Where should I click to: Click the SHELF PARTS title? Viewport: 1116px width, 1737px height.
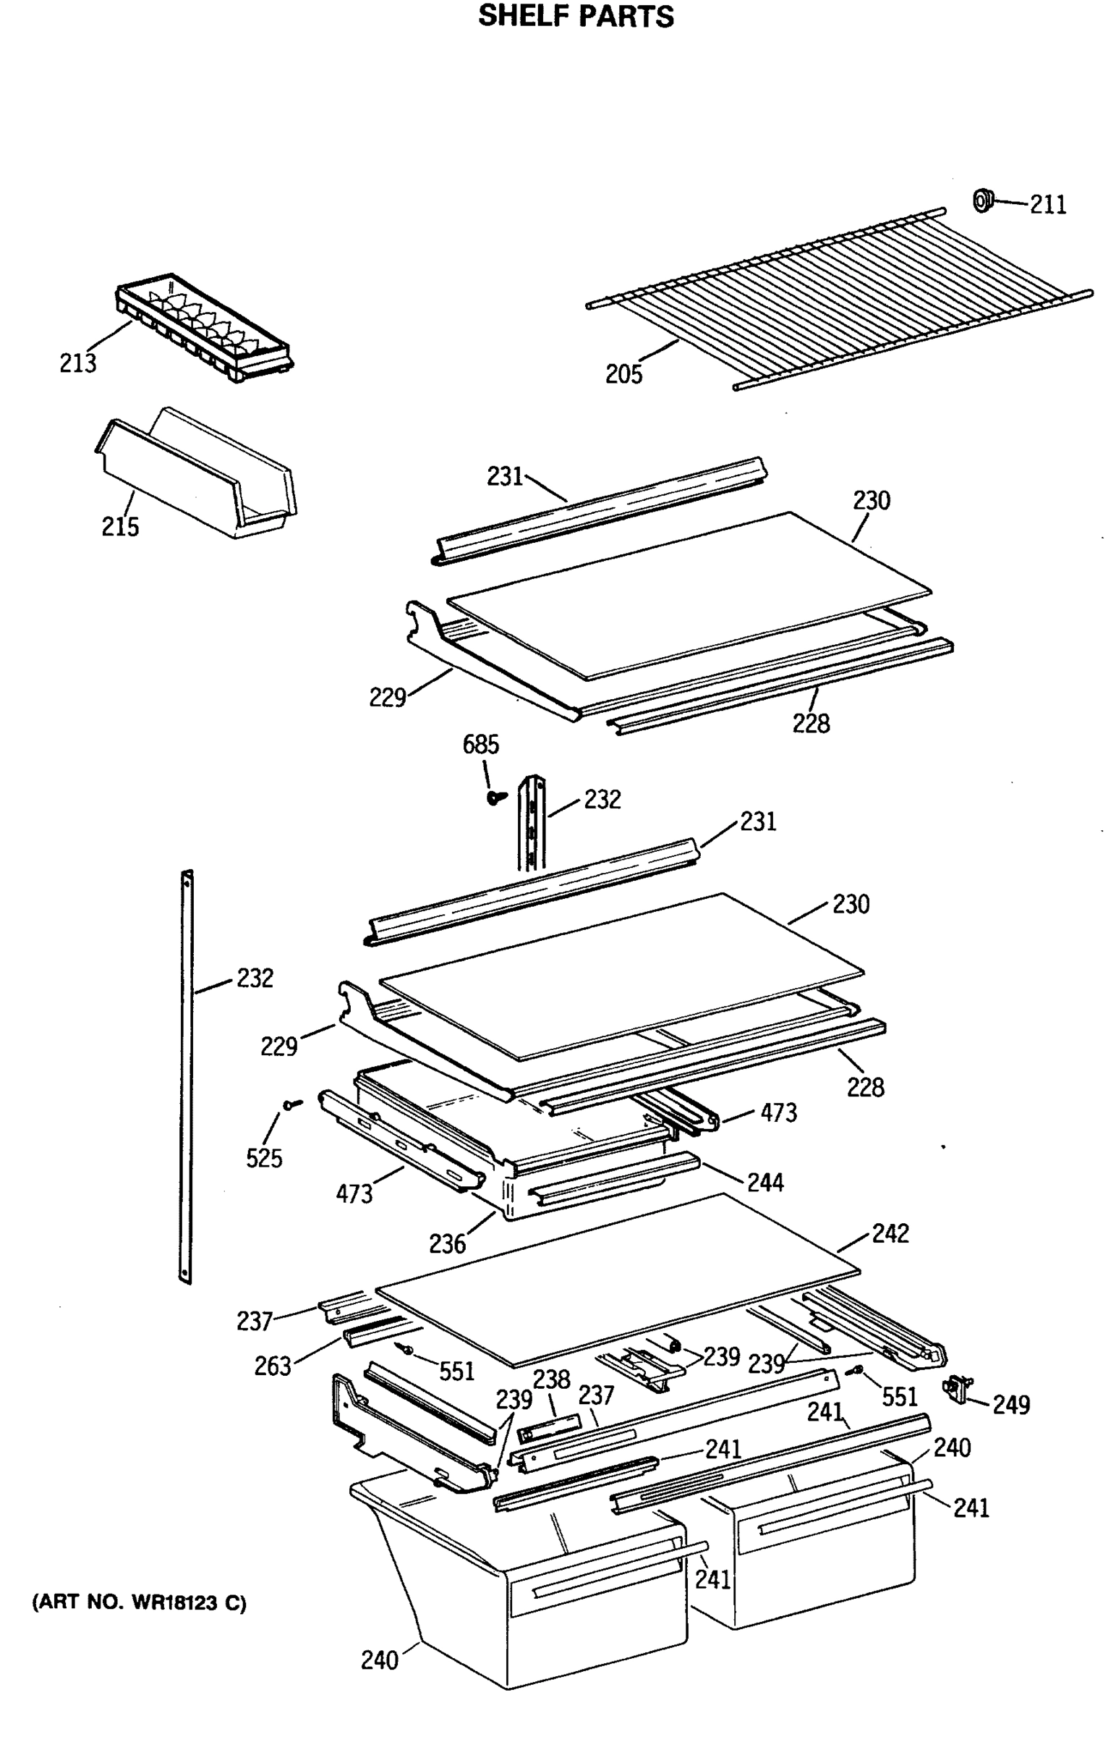pyautogui.click(x=576, y=16)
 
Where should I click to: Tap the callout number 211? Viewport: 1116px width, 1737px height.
pyautogui.click(x=1048, y=205)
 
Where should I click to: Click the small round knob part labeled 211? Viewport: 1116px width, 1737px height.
pyautogui.click(x=982, y=199)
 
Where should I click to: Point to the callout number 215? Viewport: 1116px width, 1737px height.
pyautogui.click(x=119, y=526)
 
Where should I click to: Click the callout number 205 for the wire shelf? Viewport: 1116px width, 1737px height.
pyautogui.click(x=624, y=374)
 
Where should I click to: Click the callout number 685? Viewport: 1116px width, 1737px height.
pyautogui.click(x=481, y=745)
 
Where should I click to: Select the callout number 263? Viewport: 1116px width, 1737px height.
pyautogui.click(x=273, y=1366)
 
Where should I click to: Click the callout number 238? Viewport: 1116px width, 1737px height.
pyautogui.click(x=552, y=1379)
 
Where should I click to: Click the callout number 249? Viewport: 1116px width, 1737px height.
pyautogui.click(x=1011, y=1404)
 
